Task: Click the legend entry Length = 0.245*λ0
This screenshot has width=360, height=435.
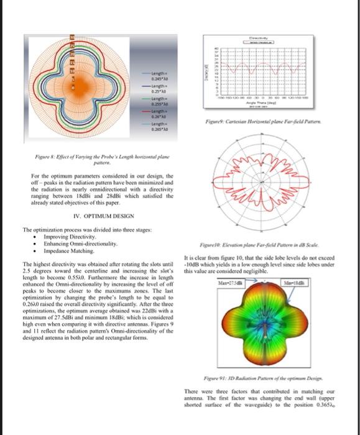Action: [154, 75]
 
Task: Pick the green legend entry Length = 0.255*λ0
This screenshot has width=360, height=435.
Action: [154, 102]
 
